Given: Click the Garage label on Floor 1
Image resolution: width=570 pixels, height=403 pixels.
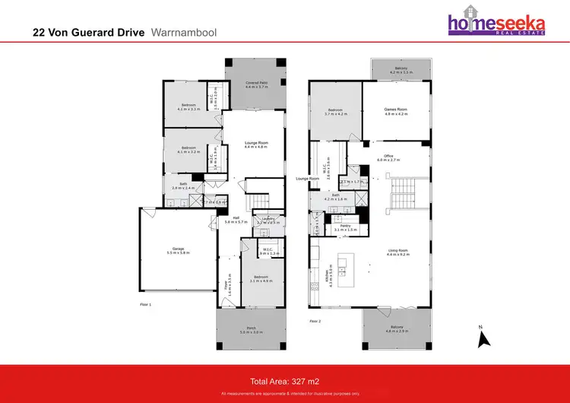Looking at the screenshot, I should pyautogui.click(x=179, y=251).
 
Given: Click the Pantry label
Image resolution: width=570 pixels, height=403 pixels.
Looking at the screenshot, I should pyautogui.click(x=345, y=227).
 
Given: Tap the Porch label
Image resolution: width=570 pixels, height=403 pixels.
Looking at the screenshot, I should pyautogui.click(x=250, y=331).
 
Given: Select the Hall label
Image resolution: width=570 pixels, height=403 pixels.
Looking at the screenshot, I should pyautogui.click(x=236, y=220).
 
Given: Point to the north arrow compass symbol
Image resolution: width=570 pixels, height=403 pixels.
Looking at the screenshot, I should pyautogui.click(x=482, y=337).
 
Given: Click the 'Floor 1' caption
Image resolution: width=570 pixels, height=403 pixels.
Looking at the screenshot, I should pyautogui.click(x=146, y=303).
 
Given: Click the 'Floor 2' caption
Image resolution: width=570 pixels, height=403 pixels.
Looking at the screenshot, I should pyautogui.click(x=316, y=322).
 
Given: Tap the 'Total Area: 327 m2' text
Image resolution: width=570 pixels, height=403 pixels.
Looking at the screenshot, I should pyautogui.click(x=284, y=379).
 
